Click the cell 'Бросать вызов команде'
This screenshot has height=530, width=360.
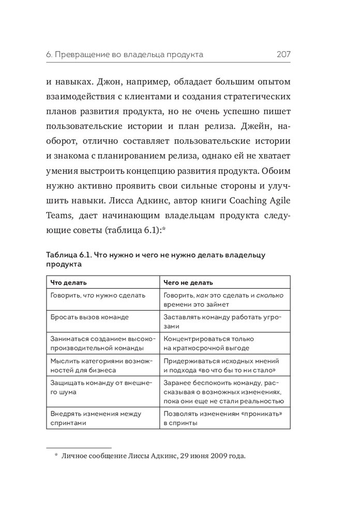pos(89,316)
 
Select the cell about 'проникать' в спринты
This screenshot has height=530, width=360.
pos(222,418)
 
